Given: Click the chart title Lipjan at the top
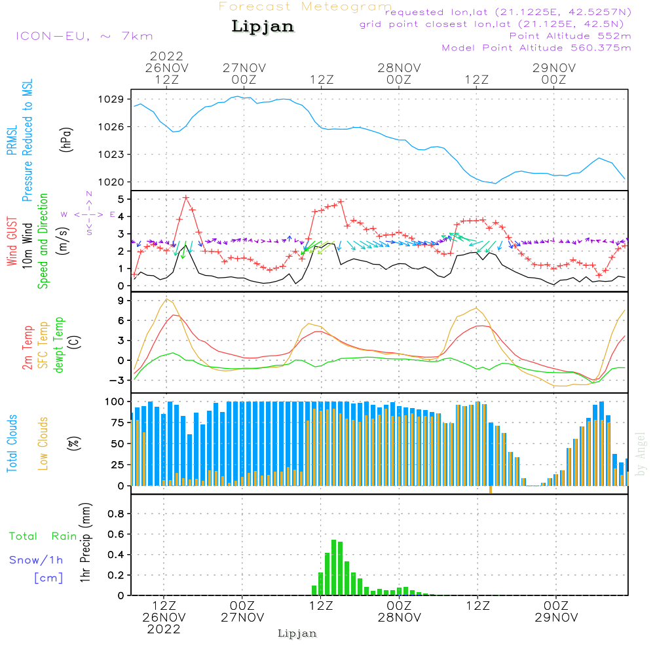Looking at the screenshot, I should click(263, 27).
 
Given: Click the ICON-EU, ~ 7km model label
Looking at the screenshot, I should click(84, 36).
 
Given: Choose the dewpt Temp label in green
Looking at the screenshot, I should click(60, 345).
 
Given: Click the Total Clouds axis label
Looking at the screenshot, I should click(12, 443).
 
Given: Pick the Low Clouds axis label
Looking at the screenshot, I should click(44, 443).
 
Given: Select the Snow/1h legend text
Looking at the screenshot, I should click(36, 560).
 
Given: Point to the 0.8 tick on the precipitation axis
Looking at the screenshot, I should click(116, 514).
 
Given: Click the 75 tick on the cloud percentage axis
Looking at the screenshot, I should click(117, 423).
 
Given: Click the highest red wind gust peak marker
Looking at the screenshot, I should click(186, 197).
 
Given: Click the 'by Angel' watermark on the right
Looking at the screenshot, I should click(640, 454).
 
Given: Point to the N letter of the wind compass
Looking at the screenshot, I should click(89, 195).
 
